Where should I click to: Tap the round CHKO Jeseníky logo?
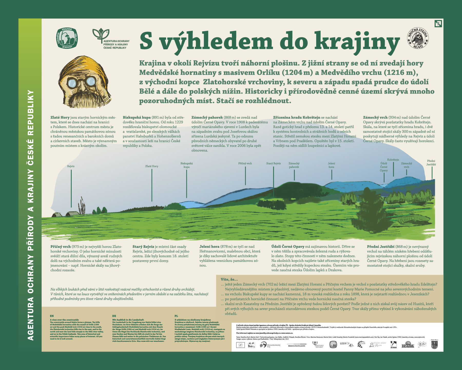(x=67, y=38)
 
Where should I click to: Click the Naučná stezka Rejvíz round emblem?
(x=418, y=38)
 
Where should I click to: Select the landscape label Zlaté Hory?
(x=152, y=166)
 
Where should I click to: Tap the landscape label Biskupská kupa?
(x=187, y=165)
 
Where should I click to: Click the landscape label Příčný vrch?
(x=245, y=163)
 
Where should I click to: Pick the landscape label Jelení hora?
(x=331, y=165)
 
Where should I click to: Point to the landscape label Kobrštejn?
(x=393, y=160)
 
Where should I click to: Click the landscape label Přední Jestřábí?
(x=431, y=163)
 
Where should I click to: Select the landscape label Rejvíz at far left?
(x=71, y=166)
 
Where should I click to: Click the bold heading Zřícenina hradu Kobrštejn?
(x=296, y=117)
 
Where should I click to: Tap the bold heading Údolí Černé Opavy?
(x=288, y=246)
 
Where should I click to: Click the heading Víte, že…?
(x=229, y=279)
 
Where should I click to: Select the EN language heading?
(x=52, y=316)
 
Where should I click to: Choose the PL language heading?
(x=176, y=316)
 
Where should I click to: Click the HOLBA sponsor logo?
(x=408, y=345)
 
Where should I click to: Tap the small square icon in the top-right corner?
(x=438, y=24)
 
